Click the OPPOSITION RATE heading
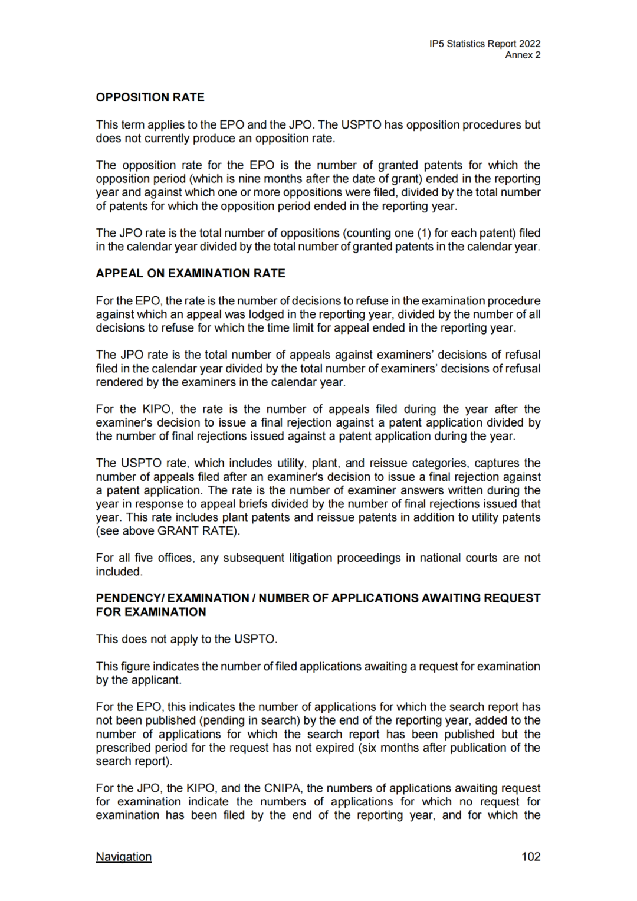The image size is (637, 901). [x=150, y=97]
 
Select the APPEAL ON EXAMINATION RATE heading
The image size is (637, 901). [x=191, y=273]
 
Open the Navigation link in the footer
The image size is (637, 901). [x=124, y=857]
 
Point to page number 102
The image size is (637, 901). [x=531, y=857]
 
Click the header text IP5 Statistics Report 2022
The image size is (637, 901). [x=485, y=44]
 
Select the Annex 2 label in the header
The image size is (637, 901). [x=523, y=55]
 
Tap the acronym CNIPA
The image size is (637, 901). [x=283, y=788]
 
